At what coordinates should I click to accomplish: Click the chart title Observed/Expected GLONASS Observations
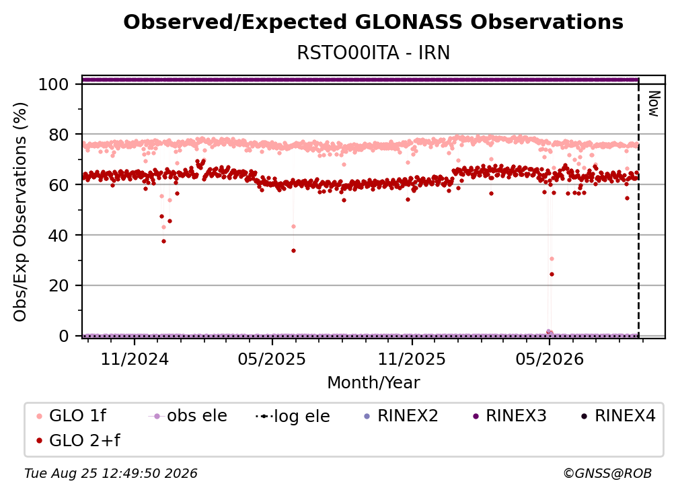(x=373, y=22)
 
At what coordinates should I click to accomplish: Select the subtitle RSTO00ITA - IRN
(x=373, y=53)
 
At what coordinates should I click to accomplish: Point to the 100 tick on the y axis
(x=53, y=84)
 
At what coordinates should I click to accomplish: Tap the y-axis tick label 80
(x=59, y=135)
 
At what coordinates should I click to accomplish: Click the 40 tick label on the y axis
(x=59, y=236)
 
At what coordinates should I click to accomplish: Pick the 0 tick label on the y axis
(x=63, y=336)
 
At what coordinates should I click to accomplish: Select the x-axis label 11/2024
(x=135, y=359)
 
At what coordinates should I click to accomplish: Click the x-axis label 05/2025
(x=272, y=359)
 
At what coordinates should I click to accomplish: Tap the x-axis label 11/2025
(x=412, y=359)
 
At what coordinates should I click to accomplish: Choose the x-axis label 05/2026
(x=549, y=359)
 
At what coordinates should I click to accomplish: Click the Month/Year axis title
(x=373, y=383)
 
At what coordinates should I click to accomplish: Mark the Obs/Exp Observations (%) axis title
(x=20, y=212)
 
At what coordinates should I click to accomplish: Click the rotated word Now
(x=654, y=104)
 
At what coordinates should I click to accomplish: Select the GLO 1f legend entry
(x=72, y=416)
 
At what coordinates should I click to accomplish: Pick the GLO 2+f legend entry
(x=79, y=440)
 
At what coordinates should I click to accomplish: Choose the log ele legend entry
(x=293, y=416)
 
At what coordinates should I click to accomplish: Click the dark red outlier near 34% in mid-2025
(x=293, y=251)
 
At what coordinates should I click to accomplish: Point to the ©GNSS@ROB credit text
(x=607, y=474)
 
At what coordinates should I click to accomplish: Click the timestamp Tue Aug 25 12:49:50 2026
(x=111, y=474)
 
